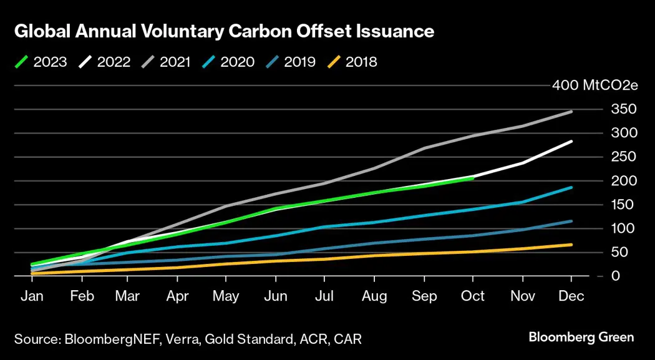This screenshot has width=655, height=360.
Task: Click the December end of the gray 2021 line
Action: click(571, 112)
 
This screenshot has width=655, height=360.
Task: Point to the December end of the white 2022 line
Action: click(571, 142)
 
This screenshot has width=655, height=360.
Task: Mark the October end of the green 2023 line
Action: click(473, 178)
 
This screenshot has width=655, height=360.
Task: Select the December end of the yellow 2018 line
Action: click(571, 245)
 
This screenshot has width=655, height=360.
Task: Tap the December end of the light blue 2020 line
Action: click(571, 187)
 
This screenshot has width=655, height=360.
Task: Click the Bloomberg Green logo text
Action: click(581, 338)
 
